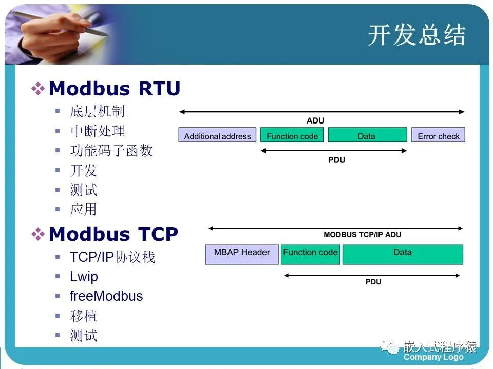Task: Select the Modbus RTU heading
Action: (x=114, y=89)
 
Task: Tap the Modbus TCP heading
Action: (x=113, y=234)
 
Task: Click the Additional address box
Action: (x=217, y=136)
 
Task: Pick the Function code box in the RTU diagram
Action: (x=292, y=136)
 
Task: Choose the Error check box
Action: (x=438, y=136)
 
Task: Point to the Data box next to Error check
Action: (x=366, y=136)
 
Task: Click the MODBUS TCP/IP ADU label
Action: (x=362, y=235)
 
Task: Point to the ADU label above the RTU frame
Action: (x=315, y=121)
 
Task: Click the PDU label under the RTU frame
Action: (x=336, y=160)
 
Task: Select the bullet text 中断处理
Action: (x=98, y=131)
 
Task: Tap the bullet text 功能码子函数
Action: (x=111, y=151)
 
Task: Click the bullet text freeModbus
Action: (x=106, y=296)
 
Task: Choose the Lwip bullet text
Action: (x=84, y=277)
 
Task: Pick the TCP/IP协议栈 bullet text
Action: (x=112, y=257)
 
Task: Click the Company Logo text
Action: (x=433, y=357)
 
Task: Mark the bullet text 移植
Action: (x=84, y=316)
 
